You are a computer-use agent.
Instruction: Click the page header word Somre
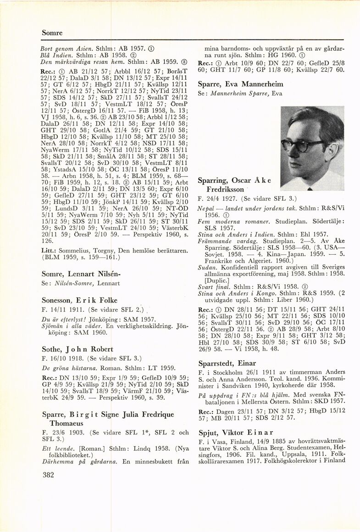pyautogui.click(x=52, y=33)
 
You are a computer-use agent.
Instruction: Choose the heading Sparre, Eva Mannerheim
pyautogui.click(x=240, y=84)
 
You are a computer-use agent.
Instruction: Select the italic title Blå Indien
pyautogui.click(x=57, y=54)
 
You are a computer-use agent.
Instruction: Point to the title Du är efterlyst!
pyautogui.click(x=61, y=319)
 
